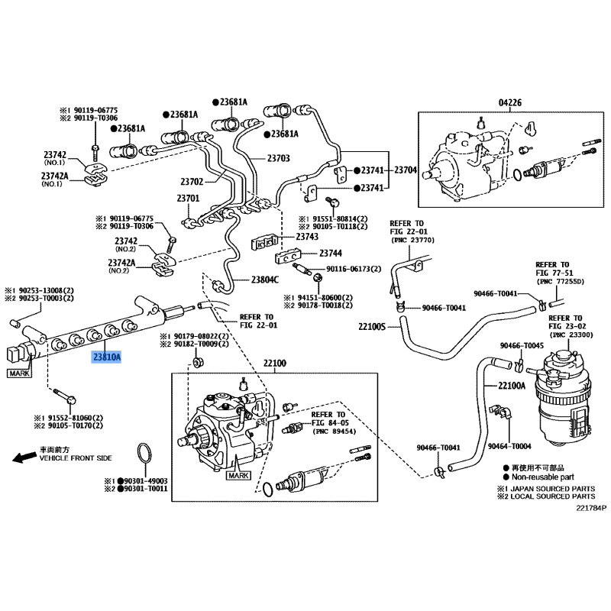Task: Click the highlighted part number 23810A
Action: [x=107, y=356]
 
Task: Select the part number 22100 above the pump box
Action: [x=274, y=364]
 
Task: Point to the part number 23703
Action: [x=278, y=159]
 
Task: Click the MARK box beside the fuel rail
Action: [x=20, y=373]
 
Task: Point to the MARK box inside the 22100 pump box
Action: [x=239, y=475]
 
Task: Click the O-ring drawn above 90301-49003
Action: [x=143, y=452]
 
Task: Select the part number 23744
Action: [x=331, y=253]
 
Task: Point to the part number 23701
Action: [x=188, y=199]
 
